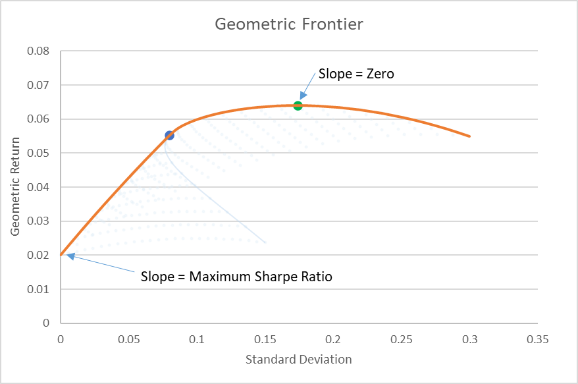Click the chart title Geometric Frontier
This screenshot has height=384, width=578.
coord(289,24)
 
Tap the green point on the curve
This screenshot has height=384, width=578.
coord(298,106)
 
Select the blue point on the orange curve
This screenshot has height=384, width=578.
coord(169,136)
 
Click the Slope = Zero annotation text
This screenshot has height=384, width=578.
coord(356,74)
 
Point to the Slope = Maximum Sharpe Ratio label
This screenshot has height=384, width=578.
coord(236,277)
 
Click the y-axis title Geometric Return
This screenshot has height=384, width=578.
coord(14,186)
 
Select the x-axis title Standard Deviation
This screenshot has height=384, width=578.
coord(299,359)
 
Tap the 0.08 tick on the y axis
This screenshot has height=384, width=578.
coord(38,51)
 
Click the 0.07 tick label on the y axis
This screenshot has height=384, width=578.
coord(38,85)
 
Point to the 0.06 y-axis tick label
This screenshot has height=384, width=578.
coord(38,119)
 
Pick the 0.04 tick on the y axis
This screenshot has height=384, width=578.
coord(38,187)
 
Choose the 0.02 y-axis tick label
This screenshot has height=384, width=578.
coord(38,256)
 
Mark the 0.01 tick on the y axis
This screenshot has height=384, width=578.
coord(38,289)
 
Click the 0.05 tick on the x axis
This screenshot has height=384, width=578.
coord(128,339)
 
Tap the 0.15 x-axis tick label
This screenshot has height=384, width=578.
coord(265,339)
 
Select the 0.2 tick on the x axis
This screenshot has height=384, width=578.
coord(333,339)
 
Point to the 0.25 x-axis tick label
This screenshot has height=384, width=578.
coord(402,339)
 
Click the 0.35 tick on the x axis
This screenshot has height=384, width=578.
coord(538,339)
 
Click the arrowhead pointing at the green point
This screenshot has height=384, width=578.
coord(303,96)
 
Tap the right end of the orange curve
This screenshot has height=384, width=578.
coord(469,136)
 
